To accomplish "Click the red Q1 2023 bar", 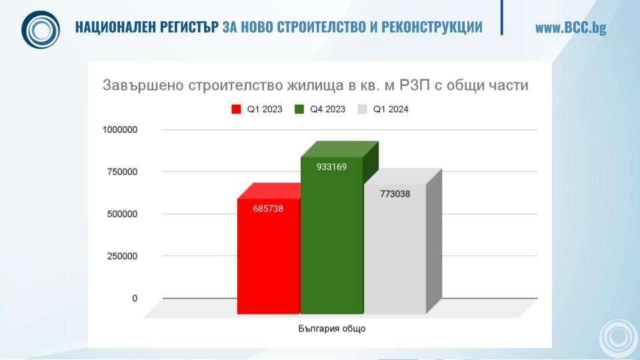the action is [x=269, y=256].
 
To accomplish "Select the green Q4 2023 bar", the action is [x=331, y=235].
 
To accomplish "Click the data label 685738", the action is [x=268, y=209].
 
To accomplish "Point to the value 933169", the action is [x=331, y=167].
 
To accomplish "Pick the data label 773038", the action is [x=395, y=194].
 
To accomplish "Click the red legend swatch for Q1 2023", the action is [x=236, y=109].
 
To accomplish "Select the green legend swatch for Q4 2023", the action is [x=299, y=109].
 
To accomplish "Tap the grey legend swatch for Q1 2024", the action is [x=362, y=109].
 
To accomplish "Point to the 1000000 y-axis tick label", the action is [x=120, y=130].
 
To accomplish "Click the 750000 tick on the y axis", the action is [x=123, y=172].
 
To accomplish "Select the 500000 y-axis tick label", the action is [x=123, y=214].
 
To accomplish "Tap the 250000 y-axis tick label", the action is [x=123, y=256].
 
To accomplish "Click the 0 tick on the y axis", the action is [x=135, y=299].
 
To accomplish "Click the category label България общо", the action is [x=332, y=329].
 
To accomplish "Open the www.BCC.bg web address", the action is [x=571, y=28].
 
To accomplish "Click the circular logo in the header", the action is [x=41, y=30].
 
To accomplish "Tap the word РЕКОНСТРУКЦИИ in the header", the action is [x=432, y=27].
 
